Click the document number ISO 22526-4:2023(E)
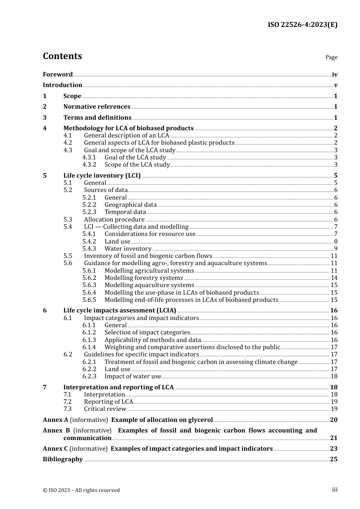302,25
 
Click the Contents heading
62,56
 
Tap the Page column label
331,57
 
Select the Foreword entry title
58,75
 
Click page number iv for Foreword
334,75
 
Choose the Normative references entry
97,107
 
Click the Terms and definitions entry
97,118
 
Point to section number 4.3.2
89,165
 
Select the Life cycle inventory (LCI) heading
102,176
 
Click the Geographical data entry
130,205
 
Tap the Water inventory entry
128,249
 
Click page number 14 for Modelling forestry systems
334,278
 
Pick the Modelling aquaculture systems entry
149,285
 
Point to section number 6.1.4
89,347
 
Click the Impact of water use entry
133,376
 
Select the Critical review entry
105,409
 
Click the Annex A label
55,420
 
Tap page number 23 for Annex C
333,449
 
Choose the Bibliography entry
63,459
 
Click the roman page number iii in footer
335,490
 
